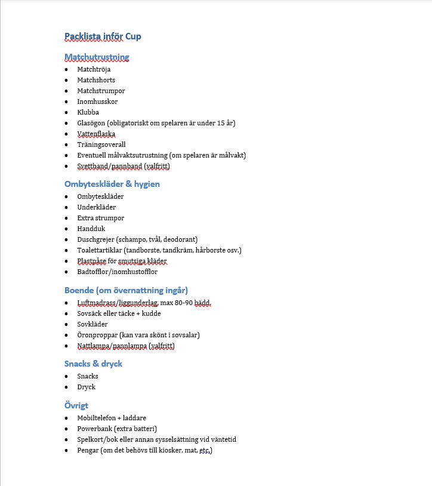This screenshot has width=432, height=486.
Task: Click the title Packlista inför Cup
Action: pos(103,36)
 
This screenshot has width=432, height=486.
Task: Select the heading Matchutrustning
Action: pos(97,57)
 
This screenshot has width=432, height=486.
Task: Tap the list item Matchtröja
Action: pos(94,69)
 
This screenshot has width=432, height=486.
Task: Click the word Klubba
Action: pos(88,112)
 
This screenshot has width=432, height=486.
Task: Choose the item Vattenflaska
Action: pos(96,134)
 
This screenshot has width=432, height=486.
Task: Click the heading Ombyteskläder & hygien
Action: pos(112,184)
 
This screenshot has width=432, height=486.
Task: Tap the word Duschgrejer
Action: pos(95,239)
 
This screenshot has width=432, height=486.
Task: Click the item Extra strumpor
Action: pos(101,218)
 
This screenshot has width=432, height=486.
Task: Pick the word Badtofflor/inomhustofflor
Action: pos(117,272)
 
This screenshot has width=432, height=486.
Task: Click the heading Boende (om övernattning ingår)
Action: pos(126,290)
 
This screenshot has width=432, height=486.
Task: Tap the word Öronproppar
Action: pos(97,335)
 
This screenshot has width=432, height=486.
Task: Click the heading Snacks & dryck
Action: pos(93,364)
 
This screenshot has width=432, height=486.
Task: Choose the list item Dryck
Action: pos(86,387)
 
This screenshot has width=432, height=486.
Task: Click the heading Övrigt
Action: pos(76,405)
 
